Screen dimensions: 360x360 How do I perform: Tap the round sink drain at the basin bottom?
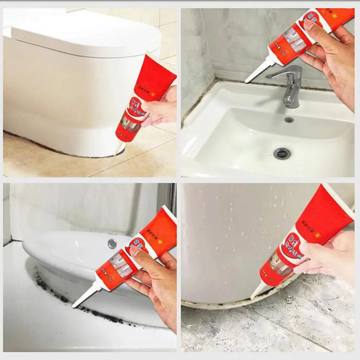pos(282,153)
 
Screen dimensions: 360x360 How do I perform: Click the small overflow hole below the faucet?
pos(289,120)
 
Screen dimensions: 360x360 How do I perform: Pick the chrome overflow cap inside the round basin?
pos(112,244)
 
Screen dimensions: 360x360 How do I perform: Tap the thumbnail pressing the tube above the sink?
pos(309,25)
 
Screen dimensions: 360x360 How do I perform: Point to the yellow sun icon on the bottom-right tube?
pos(317,235)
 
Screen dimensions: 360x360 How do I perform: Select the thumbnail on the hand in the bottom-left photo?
pos(134,251)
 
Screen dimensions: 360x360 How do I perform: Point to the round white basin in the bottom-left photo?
pos(72,252)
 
